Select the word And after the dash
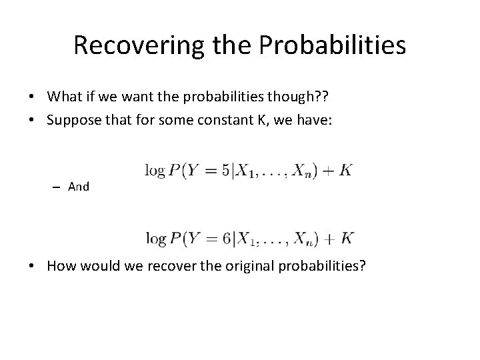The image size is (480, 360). [79, 187]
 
